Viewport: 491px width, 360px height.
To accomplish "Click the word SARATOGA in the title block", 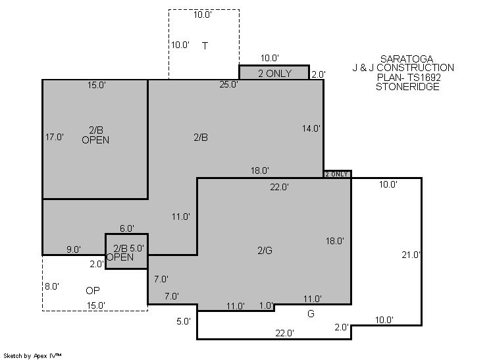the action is [407, 59].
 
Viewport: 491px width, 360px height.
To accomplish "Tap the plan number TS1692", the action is [424, 77].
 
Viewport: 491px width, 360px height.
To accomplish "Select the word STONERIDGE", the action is [407, 87].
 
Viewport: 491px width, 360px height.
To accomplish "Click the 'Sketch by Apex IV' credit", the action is [32, 356].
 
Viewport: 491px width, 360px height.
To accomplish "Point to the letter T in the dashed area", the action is [205, 46].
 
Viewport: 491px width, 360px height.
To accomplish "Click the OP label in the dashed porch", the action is [93, 291].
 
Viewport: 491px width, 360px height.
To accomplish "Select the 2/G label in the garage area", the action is [265, 251].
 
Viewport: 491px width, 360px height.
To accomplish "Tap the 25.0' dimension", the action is [228, 84].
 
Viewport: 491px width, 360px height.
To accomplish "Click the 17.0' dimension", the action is [55, 137].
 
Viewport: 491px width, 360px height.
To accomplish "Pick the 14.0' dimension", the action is [311, 128].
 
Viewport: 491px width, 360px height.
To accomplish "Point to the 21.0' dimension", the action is [411, 255].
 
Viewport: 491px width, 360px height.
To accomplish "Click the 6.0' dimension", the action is [127, 228].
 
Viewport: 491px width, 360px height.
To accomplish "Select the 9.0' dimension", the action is [74, 249].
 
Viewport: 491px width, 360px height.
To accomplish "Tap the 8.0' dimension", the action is [52, 286].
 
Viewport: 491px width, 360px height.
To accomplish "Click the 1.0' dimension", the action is [266, 306].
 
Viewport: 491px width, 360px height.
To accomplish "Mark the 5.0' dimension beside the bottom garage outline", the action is [184, 321].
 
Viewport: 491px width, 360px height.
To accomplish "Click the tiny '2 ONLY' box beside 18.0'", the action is [337, 174].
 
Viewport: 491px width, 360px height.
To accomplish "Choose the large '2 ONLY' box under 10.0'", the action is [274, 72].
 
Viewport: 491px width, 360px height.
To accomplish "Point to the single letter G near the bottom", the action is [311, 314].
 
